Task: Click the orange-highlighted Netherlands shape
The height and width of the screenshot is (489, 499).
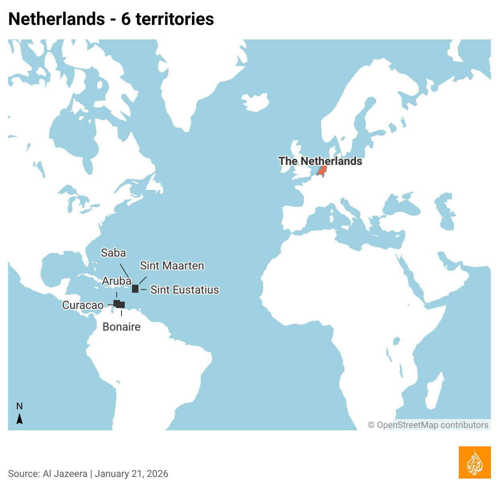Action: tap(322, 170)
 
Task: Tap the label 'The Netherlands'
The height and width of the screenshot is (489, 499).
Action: tap(320, 161)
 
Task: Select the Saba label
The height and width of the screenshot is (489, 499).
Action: tap(113, 253)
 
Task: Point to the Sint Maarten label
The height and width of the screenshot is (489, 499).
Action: tap(172, 265)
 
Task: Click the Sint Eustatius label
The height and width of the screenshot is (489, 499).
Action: tap(184, 290)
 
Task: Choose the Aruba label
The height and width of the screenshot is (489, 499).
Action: tap(116, 281)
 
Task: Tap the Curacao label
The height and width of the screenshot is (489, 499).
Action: tap(82, 305)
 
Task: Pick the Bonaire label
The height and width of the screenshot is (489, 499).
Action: tap(122, 327)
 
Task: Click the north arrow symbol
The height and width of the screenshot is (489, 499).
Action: tap(19, 419)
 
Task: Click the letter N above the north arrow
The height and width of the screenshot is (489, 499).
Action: tap(19, 406)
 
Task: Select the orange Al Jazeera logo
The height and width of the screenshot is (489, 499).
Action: tap(474, 462)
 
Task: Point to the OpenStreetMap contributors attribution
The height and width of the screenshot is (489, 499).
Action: tap(428, 425)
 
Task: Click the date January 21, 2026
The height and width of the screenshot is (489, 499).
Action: tap(132, 474)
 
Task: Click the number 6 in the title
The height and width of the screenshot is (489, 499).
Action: tap(126, 19)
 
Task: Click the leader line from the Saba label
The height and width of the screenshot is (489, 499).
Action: tap(124, 271)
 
